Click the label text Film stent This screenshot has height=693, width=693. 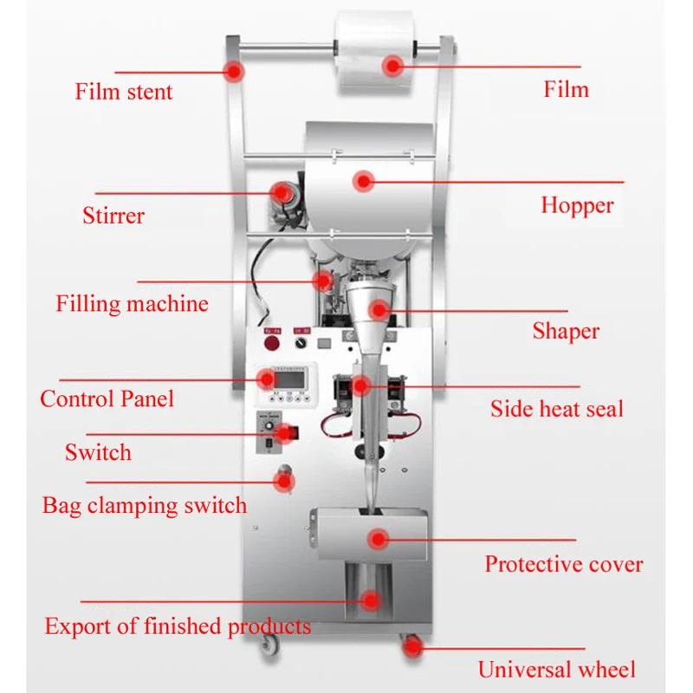tap(124, 92)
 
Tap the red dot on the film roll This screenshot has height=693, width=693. tap(394, 65)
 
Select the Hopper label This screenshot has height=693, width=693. tap(577, 205)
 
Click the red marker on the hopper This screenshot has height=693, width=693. tap(364, 181)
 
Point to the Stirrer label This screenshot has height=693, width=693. tap(113, 215)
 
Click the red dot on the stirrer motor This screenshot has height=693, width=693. tap(282, 191)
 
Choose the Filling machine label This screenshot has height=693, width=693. tap(132, 304)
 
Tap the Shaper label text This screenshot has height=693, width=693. tap(566, 331)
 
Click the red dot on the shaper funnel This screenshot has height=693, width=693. tap(379, 309)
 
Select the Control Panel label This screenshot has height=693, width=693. tap(107, 399)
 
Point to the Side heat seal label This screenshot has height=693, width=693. tap(556, 409)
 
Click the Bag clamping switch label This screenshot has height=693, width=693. tap(144, 506)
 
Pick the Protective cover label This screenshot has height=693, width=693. tap(563, 565)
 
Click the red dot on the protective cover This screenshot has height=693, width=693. tap(377, 540)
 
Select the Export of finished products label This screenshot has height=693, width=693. tap(178, 626)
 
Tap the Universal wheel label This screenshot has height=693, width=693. tap(556, 670)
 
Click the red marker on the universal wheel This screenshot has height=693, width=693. tap(411, 645)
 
